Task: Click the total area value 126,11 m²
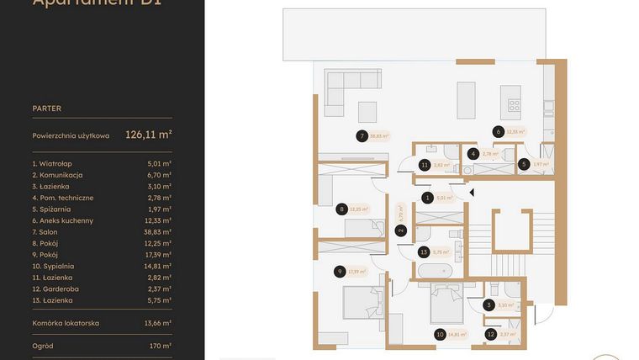point(148,134)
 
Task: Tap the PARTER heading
point(46,109)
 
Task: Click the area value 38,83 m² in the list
point(158,231)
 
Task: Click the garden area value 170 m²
point(161,346)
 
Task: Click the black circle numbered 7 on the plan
point(361,136)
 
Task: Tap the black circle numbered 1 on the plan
point(427,199)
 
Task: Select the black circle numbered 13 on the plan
point(424,251)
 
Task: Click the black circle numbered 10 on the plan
point(439,334)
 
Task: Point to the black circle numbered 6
point(499,131)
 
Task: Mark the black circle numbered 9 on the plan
point(339,271)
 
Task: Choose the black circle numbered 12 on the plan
point(490,334)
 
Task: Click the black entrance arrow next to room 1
point(472,193)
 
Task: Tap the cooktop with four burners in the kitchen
point(514,105)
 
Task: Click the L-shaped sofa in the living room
point(346,87)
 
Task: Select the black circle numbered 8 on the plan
point(341,209)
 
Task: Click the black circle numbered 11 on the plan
point(425,166)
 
